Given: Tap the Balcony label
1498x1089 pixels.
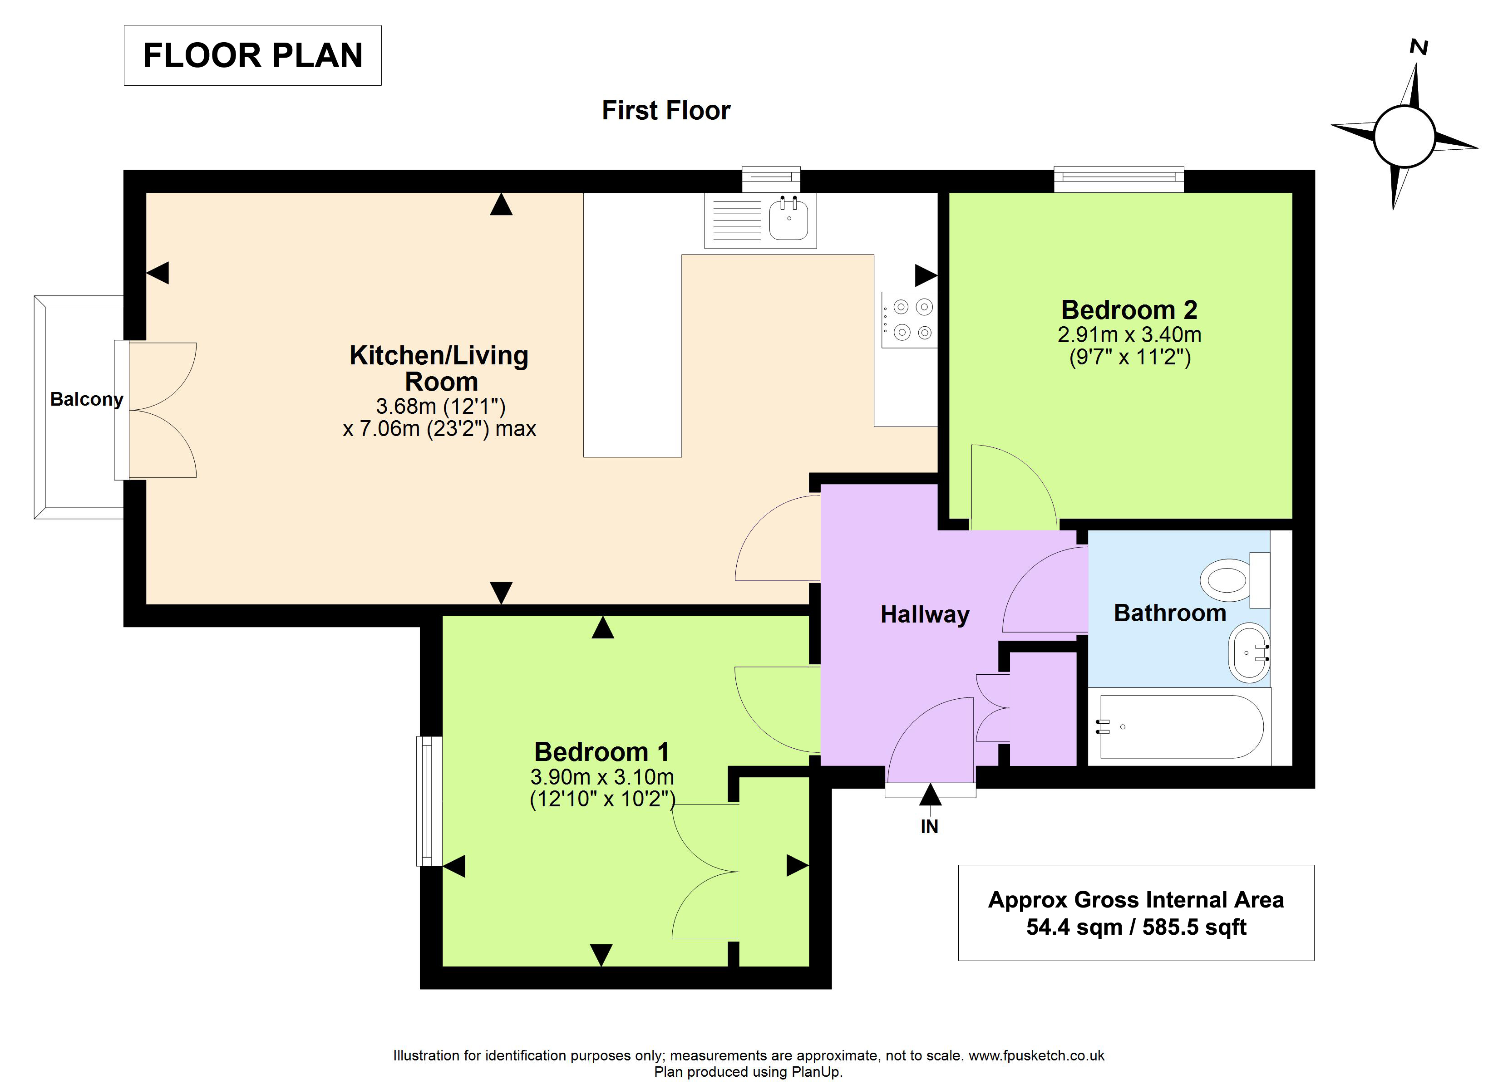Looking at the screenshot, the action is click(x=87, y=400).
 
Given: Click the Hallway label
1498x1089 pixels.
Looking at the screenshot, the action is click(x=925, y=615).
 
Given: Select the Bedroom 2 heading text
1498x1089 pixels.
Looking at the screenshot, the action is click(x=1129, y=310).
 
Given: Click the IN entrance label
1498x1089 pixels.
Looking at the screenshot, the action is click(x=929, y=827).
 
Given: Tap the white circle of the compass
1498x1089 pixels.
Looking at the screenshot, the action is click(x=1404, y=137).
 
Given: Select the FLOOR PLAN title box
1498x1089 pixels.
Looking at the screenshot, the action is click(x=252, y=55).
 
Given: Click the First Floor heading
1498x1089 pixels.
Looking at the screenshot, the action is click(x=666, y=110).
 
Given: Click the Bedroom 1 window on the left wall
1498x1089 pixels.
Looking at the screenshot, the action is click(x=429, y=801).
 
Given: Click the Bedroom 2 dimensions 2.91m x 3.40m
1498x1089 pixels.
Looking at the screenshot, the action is click(x=1129, y=335).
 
